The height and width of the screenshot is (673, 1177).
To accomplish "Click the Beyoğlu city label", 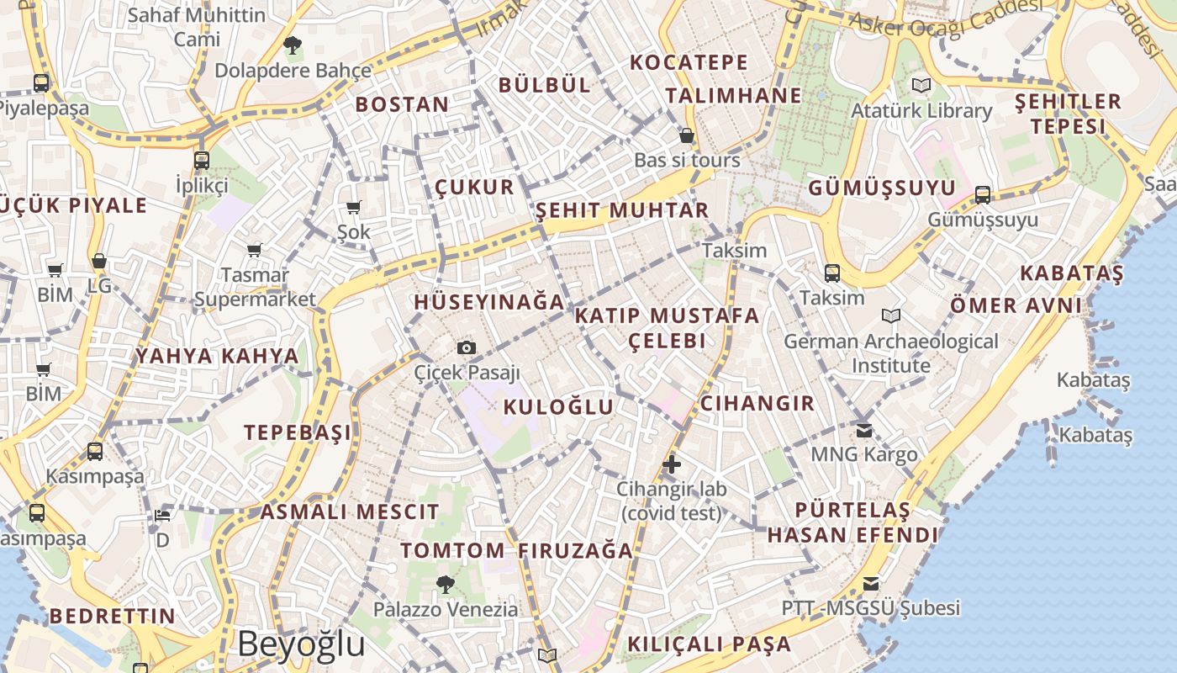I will click(x=301, y=644).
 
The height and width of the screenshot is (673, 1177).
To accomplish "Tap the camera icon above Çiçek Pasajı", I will click(x=466, y=347).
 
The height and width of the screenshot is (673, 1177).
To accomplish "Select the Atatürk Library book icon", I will click(x=921, y=85).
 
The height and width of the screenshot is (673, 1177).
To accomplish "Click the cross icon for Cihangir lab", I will click(x=671, y=464).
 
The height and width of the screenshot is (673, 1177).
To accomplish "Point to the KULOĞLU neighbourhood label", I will click(x=558, y=407).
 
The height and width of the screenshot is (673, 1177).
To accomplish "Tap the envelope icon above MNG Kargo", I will click(x=863, y=430).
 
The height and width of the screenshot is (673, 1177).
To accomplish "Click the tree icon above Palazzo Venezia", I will click(x=446, y=583).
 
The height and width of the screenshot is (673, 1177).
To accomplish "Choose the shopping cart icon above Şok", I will click(x=353, y=207).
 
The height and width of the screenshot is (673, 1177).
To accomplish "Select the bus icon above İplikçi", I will click(x=202, y=160).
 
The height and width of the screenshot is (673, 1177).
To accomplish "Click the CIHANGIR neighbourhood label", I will click(x=757, y=404).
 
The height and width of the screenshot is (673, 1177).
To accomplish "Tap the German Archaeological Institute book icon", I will click(x=891, y=315).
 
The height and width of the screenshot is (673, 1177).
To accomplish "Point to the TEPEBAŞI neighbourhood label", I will click(x=298, y=433).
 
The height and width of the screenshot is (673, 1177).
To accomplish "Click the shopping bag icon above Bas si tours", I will click(x=687, y=135).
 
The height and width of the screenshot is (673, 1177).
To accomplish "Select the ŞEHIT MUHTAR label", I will click(x=622, y=210).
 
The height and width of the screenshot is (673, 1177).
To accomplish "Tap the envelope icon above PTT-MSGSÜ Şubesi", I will click(x=871, y=583).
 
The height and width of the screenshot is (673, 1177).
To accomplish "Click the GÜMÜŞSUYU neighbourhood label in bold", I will click(x=882, y=188).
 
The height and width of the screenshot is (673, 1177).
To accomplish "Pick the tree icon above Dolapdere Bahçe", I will click(x=292, y=45).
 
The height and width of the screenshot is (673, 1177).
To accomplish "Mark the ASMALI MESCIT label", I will click(x=350, y=511).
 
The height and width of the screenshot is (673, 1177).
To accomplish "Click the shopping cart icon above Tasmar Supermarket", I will click(x=254, y=250).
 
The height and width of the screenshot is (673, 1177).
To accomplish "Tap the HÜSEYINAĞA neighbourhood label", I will click(x=488, y=302).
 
